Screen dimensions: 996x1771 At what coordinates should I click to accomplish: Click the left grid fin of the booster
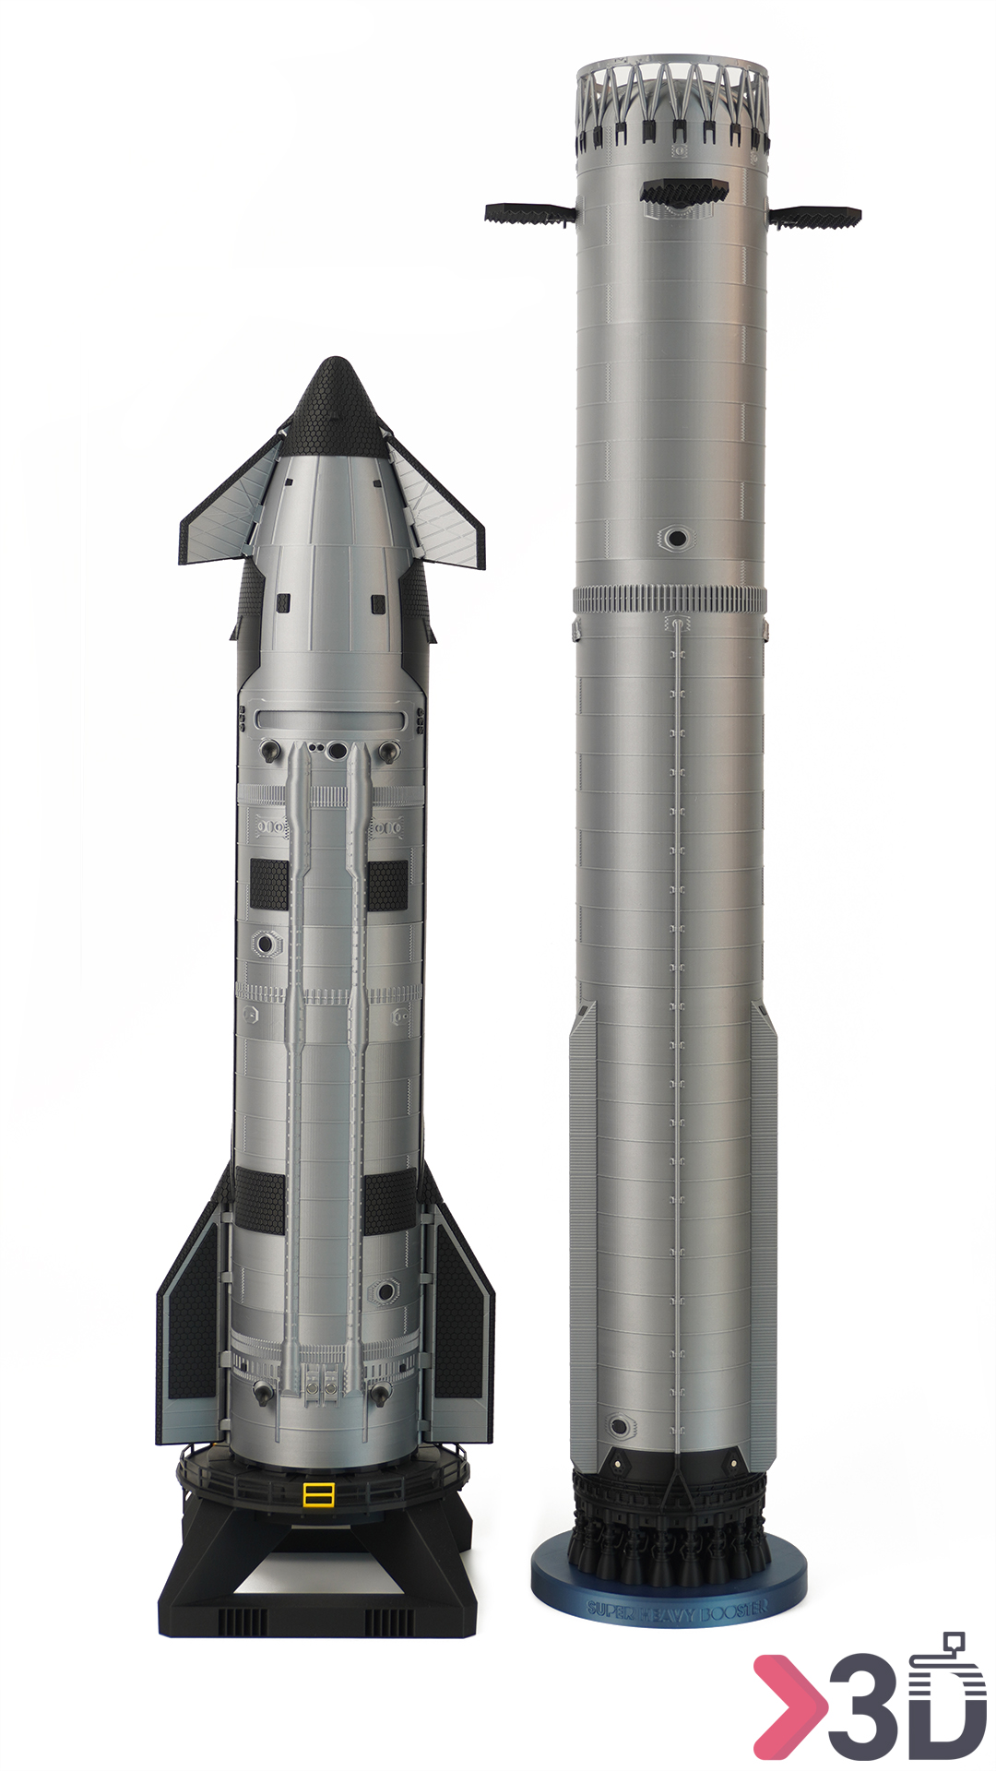(529, 214)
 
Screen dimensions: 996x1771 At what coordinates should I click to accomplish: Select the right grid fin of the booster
(815, 217)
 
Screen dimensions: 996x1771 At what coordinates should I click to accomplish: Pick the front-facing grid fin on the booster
(683, 192)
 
